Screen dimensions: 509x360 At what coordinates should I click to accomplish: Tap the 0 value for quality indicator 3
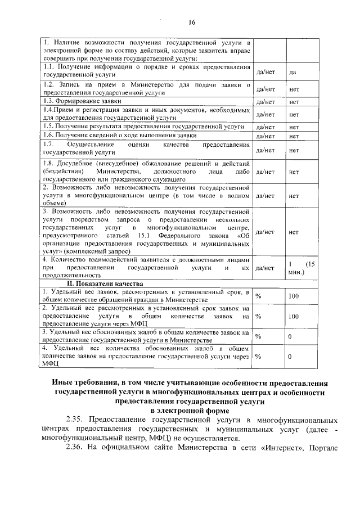pyautogui.click(x=290, y=336)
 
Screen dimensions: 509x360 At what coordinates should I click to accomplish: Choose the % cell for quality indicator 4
pyautogui.click(x=259, y=357)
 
